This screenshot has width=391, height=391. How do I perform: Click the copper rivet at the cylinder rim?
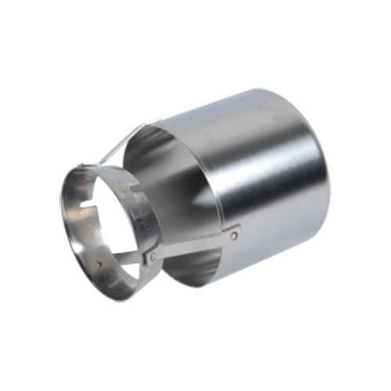[235, 231]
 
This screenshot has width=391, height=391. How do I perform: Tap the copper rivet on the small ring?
[156, 254]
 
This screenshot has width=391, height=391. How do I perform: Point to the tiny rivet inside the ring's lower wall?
[99, 264]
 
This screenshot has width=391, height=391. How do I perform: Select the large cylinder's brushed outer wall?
[266, 180]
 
